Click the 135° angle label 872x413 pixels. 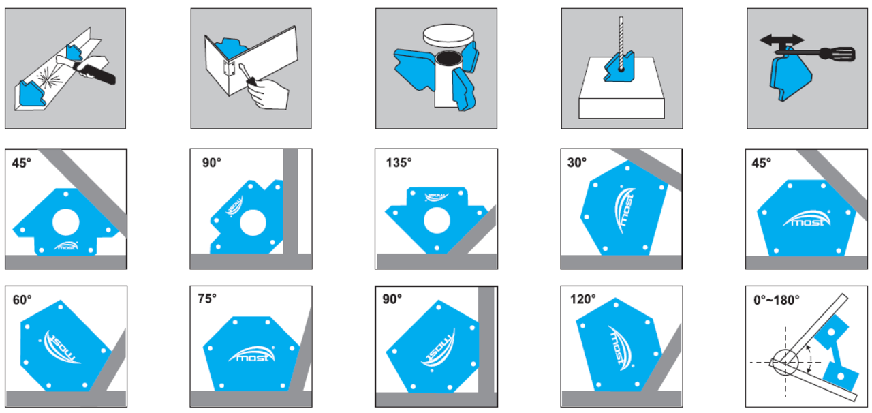399,162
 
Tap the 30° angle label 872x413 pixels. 577,162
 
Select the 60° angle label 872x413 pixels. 22,300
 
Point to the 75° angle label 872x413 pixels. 207,299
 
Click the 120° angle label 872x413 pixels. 582,299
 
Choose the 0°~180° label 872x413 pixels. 777,300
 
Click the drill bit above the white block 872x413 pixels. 621,43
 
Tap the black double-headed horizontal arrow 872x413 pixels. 781,40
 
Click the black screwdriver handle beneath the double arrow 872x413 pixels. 838,54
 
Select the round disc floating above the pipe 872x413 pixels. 448,36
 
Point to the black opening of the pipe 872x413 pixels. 448,59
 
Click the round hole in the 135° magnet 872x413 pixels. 437,221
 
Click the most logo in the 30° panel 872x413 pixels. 625,211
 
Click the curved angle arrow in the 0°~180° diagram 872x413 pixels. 811,359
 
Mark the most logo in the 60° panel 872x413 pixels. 62,348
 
